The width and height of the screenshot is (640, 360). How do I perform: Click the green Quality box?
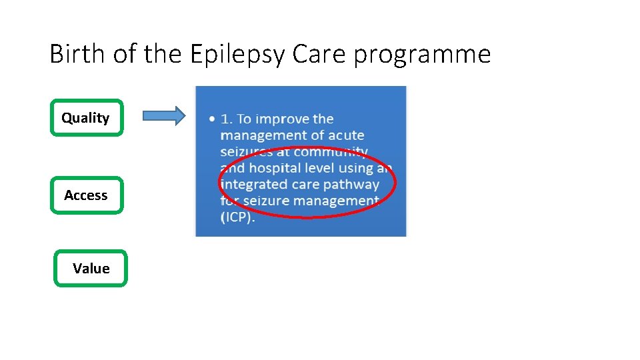click(x=87, y=118)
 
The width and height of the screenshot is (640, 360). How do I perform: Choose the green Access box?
click(x=87, y=195)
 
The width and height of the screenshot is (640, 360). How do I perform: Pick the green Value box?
click(x=91, y=269)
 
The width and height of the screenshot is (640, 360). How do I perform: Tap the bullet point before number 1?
click(x=211, y=119)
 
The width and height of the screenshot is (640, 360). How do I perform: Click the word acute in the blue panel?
click(x=347, y=135)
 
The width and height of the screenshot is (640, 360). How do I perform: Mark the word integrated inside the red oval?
click(x=252, y=185)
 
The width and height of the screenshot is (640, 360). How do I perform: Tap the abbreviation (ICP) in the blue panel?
click(x=237, y=217)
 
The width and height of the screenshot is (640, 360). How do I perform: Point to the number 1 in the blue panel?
click(x=225, y=119)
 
